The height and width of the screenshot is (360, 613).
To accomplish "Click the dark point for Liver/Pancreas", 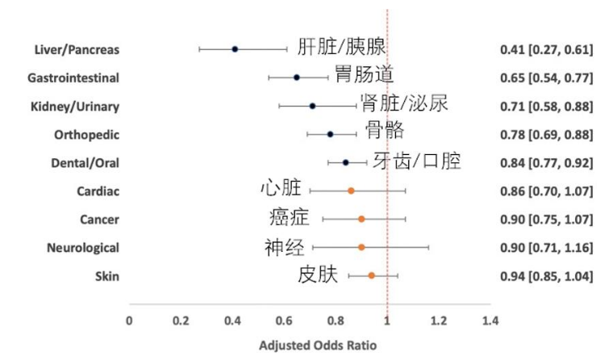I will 235,49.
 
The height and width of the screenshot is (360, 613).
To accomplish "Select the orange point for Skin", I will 372,276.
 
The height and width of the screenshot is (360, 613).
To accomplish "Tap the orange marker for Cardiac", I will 351,190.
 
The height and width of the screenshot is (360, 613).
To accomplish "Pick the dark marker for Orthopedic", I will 330,134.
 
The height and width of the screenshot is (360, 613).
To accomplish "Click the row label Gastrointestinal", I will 73,78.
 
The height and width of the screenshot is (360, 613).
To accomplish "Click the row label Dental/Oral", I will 85,163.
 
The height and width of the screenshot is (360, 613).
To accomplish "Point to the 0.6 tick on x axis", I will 284,320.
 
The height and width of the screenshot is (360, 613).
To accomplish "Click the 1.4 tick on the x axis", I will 490,320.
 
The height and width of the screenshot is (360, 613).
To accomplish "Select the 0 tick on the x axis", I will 129,320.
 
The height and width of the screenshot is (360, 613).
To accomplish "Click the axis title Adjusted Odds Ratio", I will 317,345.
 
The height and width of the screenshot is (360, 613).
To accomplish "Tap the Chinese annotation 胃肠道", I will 364,75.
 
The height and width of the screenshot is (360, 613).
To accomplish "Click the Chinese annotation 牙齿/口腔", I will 418,161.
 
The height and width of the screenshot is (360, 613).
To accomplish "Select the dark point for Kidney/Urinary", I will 312,106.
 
